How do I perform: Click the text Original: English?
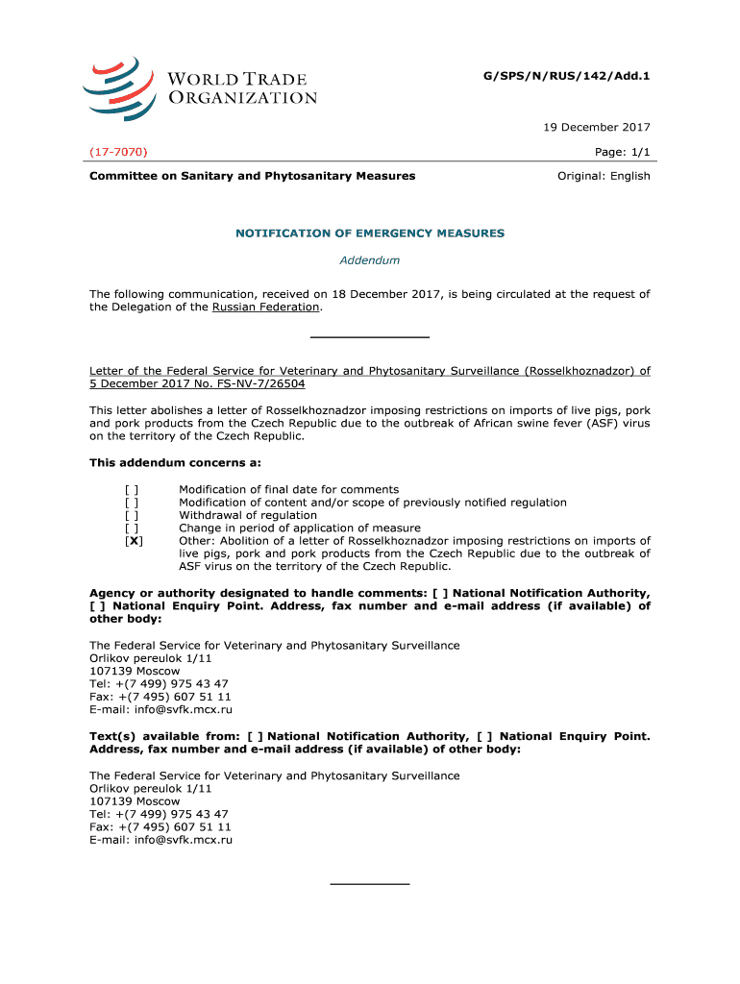click(604, 176)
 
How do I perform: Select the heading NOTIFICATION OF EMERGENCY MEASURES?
click(370, 234)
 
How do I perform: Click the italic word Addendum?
click(370, 260)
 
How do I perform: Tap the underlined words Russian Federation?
click(265, 307)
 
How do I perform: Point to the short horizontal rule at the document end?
click(370, 883)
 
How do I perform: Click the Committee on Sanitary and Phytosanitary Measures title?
click(253, 176)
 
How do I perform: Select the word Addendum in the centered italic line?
click(370, 260)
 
